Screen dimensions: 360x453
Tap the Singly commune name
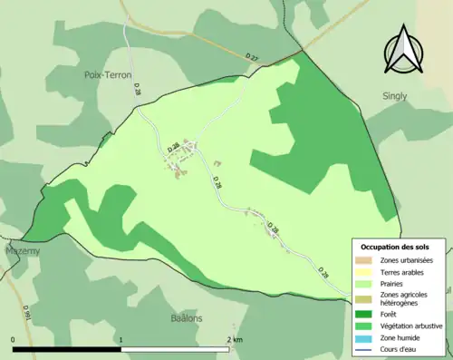(x=394, y=96)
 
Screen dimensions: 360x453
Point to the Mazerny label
(x=22, y=250)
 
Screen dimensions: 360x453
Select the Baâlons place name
(x=187, y=318)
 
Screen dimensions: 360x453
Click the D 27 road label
(x=252, y=57)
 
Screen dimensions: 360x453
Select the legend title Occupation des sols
(x=395, y=247)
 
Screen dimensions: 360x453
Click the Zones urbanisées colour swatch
(x=366, y=261)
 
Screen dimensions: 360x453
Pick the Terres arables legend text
(x=404, y=272)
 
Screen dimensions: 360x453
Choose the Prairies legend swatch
(x=366, y=284)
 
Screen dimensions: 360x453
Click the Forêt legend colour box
(x=366, y=315)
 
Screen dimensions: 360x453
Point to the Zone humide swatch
(x=366, y=337)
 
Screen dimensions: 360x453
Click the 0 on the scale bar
(x=14, y=339)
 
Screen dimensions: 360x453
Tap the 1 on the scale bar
(x=120, y=339)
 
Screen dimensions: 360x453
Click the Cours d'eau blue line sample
(x=366, y=349)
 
